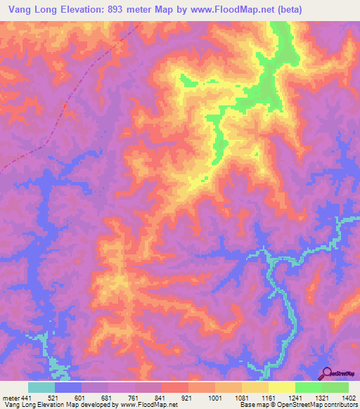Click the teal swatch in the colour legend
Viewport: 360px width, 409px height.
(x=41, y=387)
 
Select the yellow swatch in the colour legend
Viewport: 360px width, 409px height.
(x=281, y=387)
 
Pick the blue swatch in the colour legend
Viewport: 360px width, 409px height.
(x=68, y=387)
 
